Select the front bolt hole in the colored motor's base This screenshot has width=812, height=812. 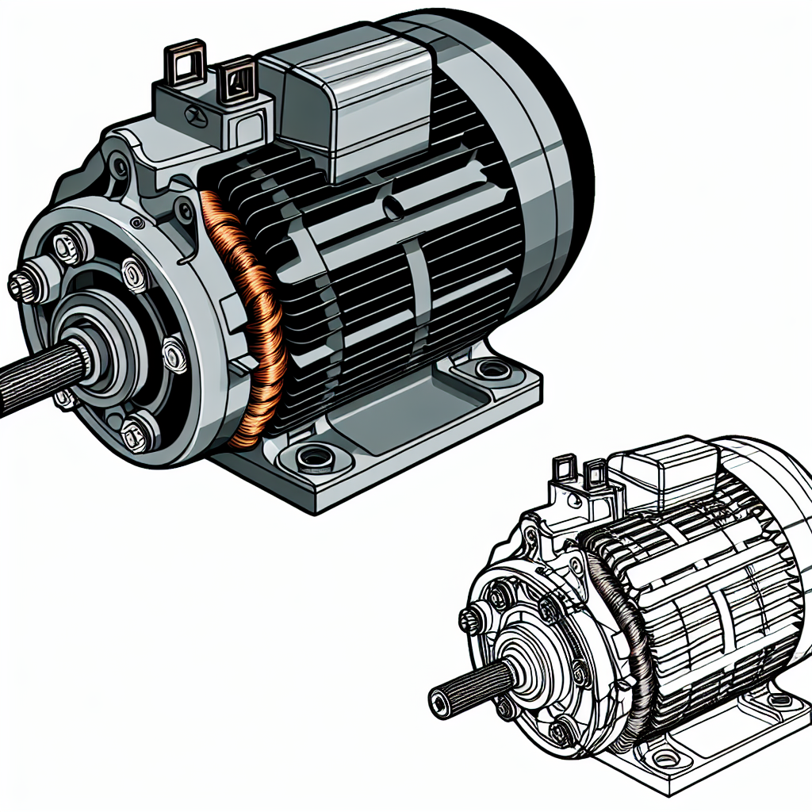pyautogui.click(x=316, y=458)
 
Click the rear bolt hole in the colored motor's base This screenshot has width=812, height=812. pyautogui.click(x=492, y=369)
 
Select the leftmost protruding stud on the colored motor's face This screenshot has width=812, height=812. pyautogui.click(x=21, y=283)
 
